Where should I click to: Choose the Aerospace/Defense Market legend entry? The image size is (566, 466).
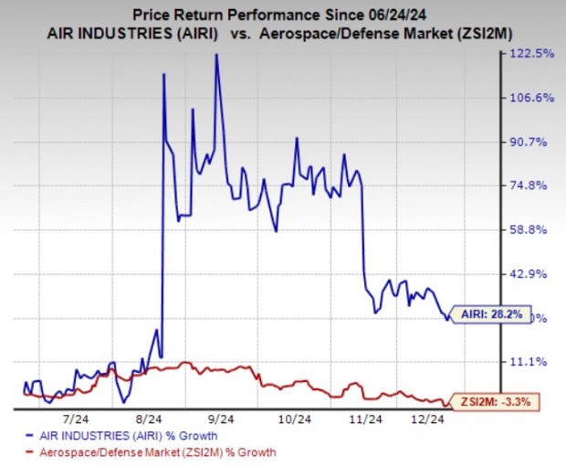(151, 452)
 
